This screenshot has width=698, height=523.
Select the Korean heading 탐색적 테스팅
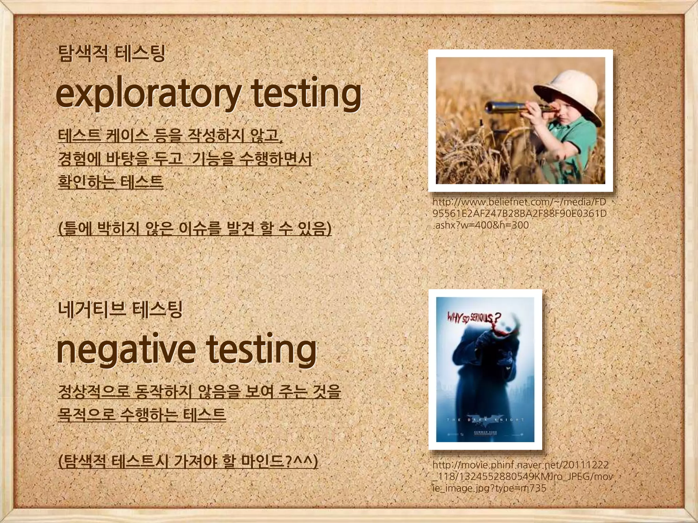(111, 54)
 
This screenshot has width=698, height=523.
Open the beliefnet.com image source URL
(519, 213)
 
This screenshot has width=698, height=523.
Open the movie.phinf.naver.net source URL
(521, 476)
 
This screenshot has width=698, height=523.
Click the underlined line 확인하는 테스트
(111, 181)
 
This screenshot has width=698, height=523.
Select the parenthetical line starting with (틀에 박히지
(195, 228)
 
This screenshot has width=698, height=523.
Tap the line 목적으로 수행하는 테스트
(142, 414)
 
